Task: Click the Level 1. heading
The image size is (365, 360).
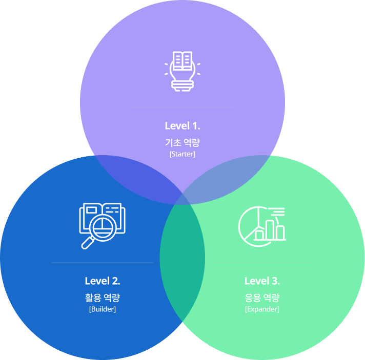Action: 182,126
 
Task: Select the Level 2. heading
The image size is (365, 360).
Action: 102,281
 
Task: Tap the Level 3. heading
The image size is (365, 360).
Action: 262,281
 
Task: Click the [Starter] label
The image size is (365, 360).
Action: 182,154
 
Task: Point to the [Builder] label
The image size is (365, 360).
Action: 102,309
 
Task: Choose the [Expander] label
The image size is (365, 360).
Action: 262,309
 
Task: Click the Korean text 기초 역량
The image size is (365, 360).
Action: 182,142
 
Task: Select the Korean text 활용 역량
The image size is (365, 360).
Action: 102,298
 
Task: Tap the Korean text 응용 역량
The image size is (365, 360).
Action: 262,298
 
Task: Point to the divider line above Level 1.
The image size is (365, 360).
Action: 182,108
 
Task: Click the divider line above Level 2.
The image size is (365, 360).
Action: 102,263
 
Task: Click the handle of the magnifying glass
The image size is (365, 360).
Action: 87,244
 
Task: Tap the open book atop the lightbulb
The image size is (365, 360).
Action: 182,61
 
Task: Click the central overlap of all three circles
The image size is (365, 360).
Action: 182,220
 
